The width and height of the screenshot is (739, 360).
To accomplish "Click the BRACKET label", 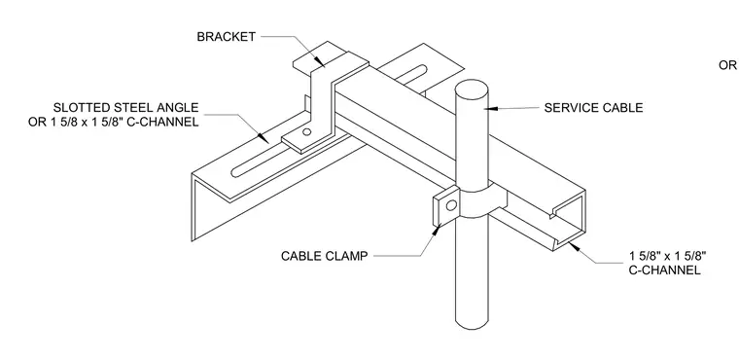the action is (227, 37).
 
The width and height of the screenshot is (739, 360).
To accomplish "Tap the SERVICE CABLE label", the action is (593, 108).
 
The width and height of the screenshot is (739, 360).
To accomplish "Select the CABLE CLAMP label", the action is (324, 256).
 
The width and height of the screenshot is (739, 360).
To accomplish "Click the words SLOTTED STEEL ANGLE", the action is (125, 108).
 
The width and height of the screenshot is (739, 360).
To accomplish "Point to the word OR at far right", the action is (727, 65).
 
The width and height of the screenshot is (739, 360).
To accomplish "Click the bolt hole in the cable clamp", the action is (451, 205).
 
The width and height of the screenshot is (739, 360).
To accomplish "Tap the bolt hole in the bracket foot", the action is (307, 132).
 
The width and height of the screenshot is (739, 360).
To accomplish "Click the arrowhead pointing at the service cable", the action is (491, 109).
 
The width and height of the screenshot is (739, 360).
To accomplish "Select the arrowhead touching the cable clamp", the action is (437, 231).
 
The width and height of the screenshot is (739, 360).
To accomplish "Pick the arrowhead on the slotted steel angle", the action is (263, 138).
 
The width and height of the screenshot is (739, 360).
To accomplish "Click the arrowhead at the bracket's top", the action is (320, 62).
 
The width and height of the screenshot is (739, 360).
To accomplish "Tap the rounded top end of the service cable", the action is (472, 88).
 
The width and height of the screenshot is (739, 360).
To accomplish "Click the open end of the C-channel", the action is (568, 220).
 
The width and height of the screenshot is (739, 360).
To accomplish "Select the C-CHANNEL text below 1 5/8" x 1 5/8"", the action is (664, 270).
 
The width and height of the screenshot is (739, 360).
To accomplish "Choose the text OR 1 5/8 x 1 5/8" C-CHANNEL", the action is (113, 122).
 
